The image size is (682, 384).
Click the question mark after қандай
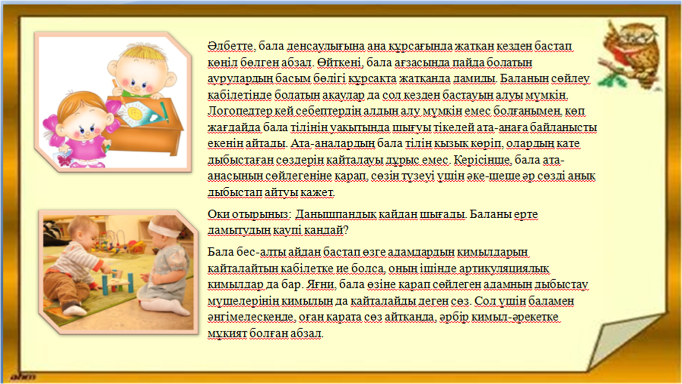coord(346,230)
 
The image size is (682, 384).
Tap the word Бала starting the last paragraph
coord(221,252)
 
